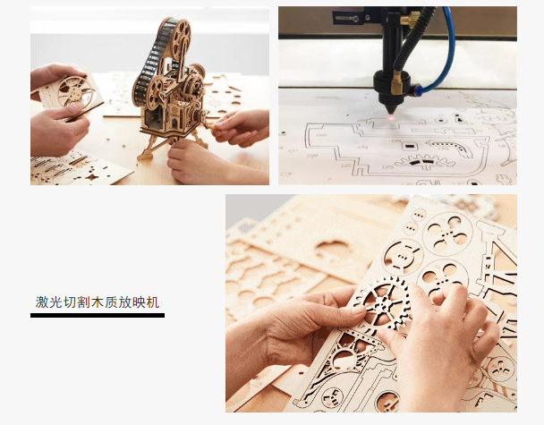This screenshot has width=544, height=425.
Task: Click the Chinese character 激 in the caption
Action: (x=41, y=302)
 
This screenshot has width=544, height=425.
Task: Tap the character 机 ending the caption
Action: (x=153, y=302)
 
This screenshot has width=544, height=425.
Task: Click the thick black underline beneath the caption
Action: (x=98, y=315)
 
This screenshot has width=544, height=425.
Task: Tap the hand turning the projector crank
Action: (x=240, y=127)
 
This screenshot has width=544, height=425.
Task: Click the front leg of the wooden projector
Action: (x=149, y=149)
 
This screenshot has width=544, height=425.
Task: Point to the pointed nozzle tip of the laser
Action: (x=391, y=111)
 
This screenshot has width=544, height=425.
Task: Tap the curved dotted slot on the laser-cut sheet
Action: (x=451, y=147)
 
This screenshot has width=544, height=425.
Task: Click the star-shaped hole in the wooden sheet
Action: (x=91, y=177)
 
